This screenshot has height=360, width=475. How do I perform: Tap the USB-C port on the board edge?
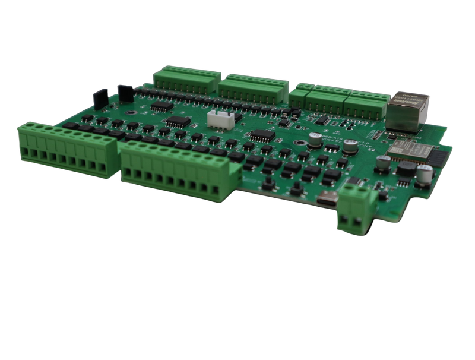[327, 201]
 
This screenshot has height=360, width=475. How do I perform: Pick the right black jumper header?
[125, 92]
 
